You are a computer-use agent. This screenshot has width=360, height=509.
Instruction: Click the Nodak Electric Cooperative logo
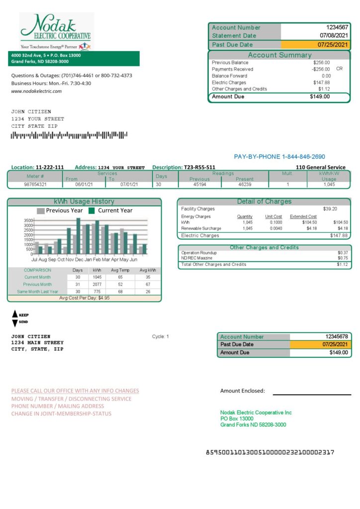click(x=56, y=30)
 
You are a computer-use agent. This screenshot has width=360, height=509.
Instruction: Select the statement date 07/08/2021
click(x=335, y=36)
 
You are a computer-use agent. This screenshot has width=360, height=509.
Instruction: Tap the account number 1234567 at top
click(x=337, y=27)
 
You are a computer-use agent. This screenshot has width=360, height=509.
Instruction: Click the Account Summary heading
click(x=279, y=55)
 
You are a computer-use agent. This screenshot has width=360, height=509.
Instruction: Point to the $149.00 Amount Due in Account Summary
click(x=319, y=97)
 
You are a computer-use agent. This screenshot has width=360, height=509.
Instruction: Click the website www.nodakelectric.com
click(x=36, y=91)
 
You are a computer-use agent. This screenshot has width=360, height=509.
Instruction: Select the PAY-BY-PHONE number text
click(x=279, y=157)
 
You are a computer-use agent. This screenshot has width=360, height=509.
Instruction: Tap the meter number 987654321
click(x=35, y=184)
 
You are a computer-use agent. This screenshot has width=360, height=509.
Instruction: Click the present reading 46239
click(x=245, y=184)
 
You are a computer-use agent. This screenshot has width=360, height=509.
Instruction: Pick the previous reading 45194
click(x=199, y=184)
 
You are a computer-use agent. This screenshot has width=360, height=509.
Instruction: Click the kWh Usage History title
click(x=84, y=202)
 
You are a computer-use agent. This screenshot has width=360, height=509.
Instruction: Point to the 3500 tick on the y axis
click(x=28, y=220)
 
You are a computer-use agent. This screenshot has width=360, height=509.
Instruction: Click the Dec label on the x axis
click(x=79, y=259)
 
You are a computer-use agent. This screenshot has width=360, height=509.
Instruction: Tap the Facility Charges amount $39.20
click(x=330, y=209)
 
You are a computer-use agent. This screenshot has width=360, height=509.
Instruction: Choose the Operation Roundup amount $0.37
click(x=343, y=253)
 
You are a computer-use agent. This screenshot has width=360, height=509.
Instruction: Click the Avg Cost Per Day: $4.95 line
click(x=84, y=298)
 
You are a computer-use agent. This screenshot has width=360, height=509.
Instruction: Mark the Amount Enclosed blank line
click(x=311, y=394)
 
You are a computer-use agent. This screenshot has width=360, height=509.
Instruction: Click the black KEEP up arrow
click(x=14, y=315)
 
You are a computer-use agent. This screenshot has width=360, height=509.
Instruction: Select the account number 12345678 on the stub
click(x=337, y=337)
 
